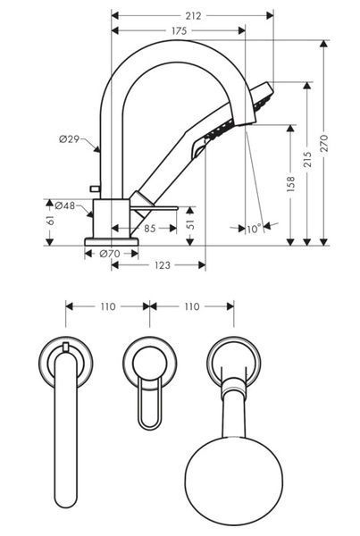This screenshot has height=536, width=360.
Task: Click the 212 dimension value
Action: click(x=193, y=16)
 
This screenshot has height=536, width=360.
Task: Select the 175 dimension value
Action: click(x=180, y=31)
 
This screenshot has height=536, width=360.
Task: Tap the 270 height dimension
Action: click(x=324, y=143)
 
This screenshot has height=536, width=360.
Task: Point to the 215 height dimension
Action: click(x=307, y=159)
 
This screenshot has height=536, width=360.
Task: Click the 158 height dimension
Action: click(x=291, y=184)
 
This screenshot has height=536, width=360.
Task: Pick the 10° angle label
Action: click(x=254, y=229)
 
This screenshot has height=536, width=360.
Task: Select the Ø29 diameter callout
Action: click(x=69, y=139)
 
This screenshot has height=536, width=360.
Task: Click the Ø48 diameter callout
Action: click(x=64, y=205)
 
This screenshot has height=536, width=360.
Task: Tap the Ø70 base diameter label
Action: click(x=110, y=254)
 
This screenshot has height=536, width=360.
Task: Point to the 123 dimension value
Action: click(x=162, y=265)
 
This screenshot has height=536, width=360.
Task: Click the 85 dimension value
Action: click(x=150, y=228)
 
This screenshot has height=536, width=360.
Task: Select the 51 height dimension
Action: click(x=190, y=223)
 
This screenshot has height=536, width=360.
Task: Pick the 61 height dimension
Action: click(x=51, y=221)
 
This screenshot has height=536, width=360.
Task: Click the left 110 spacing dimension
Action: click(x=108, y=306)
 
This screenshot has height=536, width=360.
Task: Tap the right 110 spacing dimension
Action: click(x=192, y=306)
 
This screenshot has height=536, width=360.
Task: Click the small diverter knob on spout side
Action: click(x=94, y=188)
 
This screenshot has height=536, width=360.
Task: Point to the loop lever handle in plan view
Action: click(x=150, y=404)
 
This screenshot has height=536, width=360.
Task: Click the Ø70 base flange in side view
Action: click(x=112, y=242)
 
